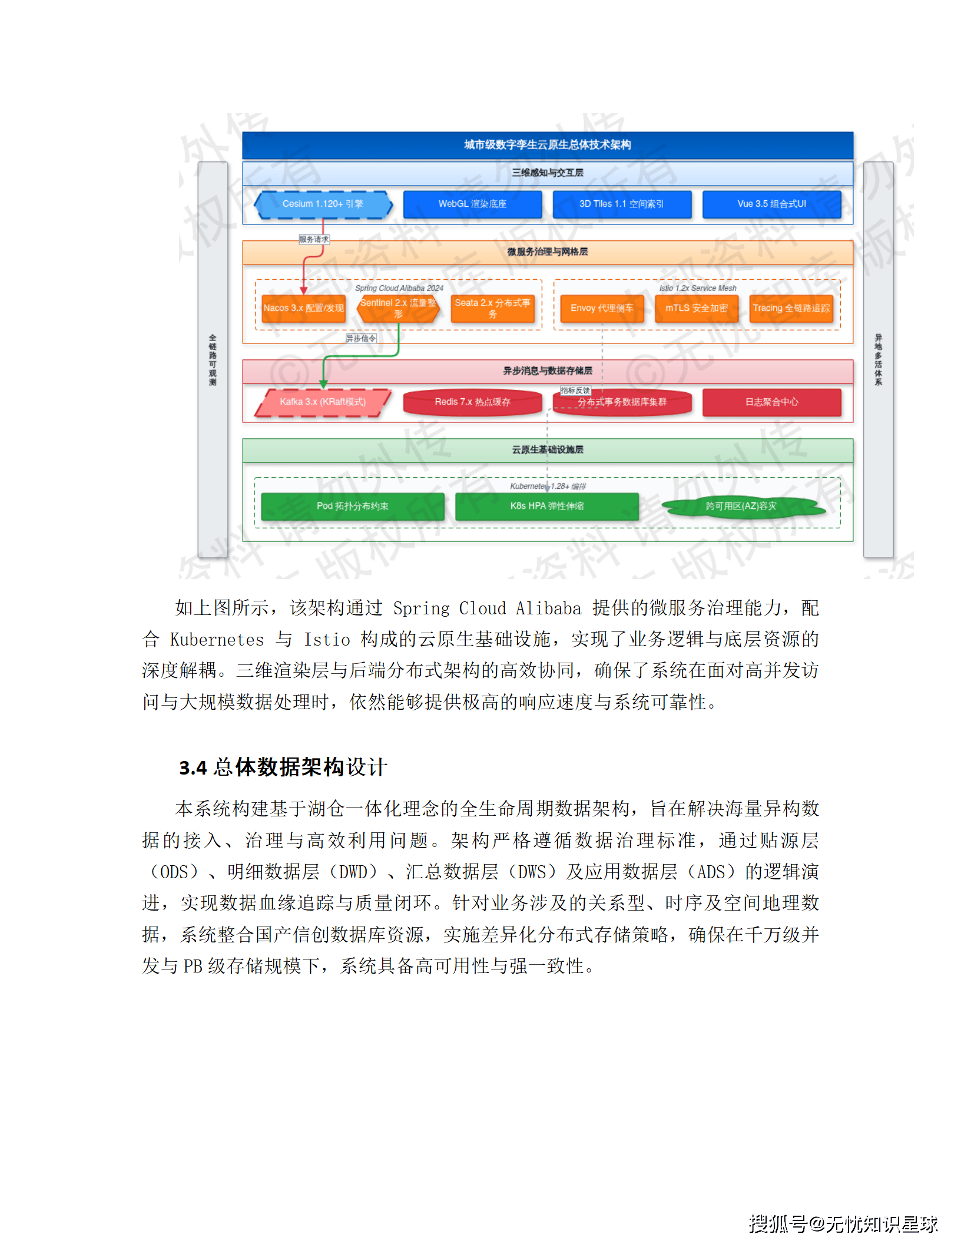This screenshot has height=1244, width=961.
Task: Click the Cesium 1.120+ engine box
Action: [x=323, y=204]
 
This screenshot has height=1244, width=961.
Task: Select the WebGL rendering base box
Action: [x=472, y=204]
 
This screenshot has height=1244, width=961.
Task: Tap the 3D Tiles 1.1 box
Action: [x=621, y=204]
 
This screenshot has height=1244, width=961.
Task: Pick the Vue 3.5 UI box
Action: [x=771, y=204]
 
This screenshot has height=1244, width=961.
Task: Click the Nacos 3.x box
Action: [x=303, y=309]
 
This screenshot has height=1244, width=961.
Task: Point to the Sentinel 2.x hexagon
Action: [x=398, y=309]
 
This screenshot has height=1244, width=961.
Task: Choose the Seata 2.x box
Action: [x=492, y=309]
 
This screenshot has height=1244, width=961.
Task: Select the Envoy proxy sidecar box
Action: [x=602, y=309]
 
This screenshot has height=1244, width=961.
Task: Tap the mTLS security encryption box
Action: [x=696, y=309]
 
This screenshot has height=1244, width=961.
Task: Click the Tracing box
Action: [x=791, y=309]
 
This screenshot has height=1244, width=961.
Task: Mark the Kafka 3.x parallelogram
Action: [x=323, y=402]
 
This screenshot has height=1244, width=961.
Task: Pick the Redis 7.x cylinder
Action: [x=472, y=402]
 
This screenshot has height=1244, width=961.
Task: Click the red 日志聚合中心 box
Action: [x=771, y=402]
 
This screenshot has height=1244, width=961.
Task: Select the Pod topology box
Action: [x=352, y=507]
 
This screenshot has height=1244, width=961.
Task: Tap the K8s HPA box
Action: [x=546, y=507]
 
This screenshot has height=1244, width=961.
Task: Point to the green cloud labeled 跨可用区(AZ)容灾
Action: [x=741, y=507]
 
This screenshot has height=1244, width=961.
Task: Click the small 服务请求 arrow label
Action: [x=314, y=240]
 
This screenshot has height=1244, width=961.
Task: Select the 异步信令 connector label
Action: [x=360, y=339]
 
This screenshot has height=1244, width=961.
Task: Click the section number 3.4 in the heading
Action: [x=193, y=768]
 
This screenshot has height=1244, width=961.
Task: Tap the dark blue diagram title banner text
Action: [x=547, y=145]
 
